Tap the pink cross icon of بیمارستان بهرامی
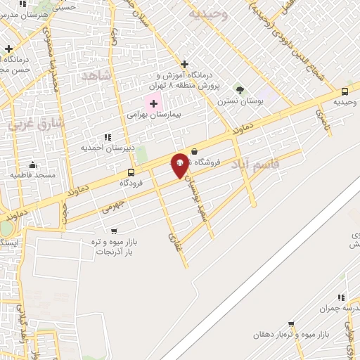(153, 103)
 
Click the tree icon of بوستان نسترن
(240, 90)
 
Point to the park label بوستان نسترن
(234, 101)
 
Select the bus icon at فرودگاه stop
(131, 172)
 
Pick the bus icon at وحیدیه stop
(345, 91)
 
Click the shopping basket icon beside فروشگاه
(194, 151)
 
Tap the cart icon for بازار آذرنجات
(114, 231)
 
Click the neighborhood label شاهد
(97, 75)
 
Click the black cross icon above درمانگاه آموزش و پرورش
(184, 64)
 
